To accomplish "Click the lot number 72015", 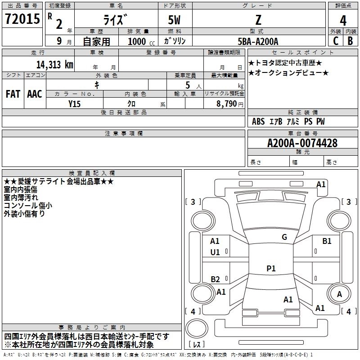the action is click(x=22, y=18).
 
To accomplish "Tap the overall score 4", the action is click(x=343, y=20).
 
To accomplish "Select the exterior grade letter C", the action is click(x=336, y=41).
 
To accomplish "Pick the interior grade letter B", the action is click(x=350, y=41).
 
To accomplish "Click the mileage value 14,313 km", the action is click(x=54, y=64).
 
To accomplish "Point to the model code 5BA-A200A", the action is click(x=258, y=41).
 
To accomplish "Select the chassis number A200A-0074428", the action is click(x=302, y=143).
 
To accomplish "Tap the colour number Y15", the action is click(x=74, y=104).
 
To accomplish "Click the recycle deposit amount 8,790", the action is click(x=226, y=103).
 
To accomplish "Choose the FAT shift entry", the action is click(x=13, y=94).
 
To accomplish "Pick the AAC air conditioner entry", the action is click(x=35, y=94).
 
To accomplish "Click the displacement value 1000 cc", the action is click(x=141, y=41).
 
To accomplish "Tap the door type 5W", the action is click(x=174, y=20).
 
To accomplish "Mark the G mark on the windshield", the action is click(x=284, y=237).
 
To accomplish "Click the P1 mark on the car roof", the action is click(x=271, y=268).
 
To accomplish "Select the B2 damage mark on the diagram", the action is click(x=215, y=279).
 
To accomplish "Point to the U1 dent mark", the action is click(x=215, y=252).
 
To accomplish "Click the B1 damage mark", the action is click(x=327, y=241).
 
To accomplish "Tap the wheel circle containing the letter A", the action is click(x=339, y=293).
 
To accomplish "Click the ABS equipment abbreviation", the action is click(x=258, y=121).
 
